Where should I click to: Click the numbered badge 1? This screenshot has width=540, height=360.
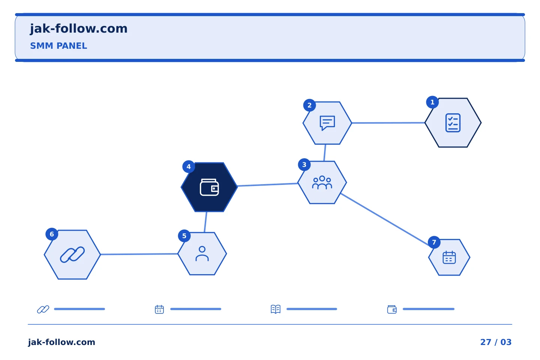click(x=432, y=102)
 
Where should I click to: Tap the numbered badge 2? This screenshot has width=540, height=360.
click(x=309, y=105)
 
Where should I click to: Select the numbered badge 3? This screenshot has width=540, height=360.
click(x=304, y=165)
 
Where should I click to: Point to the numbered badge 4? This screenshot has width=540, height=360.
click(x=189, y=166)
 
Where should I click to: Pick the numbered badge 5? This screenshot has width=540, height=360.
click(x=184, y=236)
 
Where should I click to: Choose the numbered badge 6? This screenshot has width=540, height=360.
click(x=52, y=234)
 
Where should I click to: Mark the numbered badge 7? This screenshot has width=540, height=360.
click(x=434, y=242)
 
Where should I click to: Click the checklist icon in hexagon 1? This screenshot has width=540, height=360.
click(x=453, y=123)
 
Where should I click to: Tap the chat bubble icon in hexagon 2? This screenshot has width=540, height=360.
click(x=327, y=123)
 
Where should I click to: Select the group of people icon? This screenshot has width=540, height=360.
click(x=322, y=183)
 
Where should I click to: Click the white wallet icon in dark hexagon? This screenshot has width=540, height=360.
click(x=209, y=187)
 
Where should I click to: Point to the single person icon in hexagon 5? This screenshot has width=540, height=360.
click(x=202, y=253)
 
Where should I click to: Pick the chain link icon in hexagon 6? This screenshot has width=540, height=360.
click(x=72, y=254)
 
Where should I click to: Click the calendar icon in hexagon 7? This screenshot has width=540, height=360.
click(x=449, y=257)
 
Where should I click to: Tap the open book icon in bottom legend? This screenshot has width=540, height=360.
click(x=276, y=309)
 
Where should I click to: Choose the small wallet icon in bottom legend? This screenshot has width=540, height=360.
click(x=392, y=309)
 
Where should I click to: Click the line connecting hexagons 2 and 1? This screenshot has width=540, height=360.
click(x=388, y=123)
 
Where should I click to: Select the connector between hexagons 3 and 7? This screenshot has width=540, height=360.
click(x=385, y=220)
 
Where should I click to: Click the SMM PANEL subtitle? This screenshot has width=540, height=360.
click(x=58, y=46)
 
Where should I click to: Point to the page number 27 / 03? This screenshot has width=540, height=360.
click(x=496, y=342)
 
